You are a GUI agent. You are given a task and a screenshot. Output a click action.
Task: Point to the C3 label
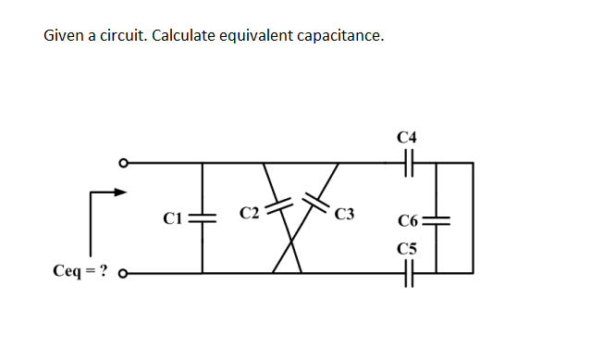pyautogui.click(x=345, y=217)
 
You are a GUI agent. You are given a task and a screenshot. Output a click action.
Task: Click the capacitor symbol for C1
pyautogui.click(x=203, y=218)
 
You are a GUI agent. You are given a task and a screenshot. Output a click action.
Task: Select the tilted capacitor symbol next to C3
pyautogui.click(x=316, y=198)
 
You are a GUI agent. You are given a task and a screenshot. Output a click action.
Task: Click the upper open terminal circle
pyautogui.click(x=121, y=163)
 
